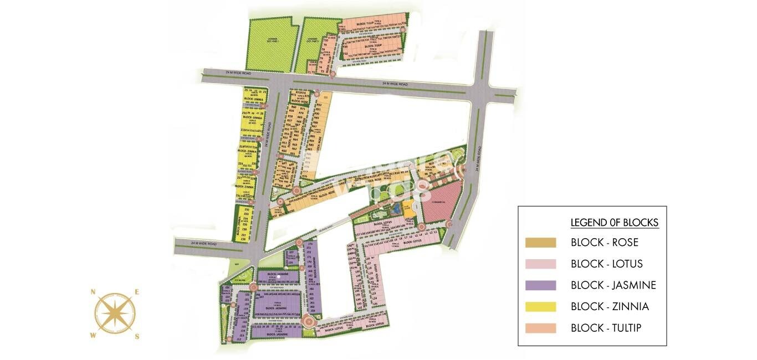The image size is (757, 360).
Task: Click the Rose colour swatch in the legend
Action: click(540, 243)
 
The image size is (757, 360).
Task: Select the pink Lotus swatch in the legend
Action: click(540, 264)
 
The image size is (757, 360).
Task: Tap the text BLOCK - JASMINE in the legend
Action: click(613, 285)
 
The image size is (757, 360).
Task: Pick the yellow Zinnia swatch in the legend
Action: click(540, 306)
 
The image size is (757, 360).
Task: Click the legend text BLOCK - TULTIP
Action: click(606, 328)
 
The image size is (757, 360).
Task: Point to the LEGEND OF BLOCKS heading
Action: click(614, 223)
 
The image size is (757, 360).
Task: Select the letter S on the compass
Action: click(136, 336)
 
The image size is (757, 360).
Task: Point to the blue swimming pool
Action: click(396, 209)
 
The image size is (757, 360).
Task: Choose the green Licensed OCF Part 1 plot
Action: click(271, 44)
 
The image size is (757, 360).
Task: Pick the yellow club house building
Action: click(408, 211)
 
